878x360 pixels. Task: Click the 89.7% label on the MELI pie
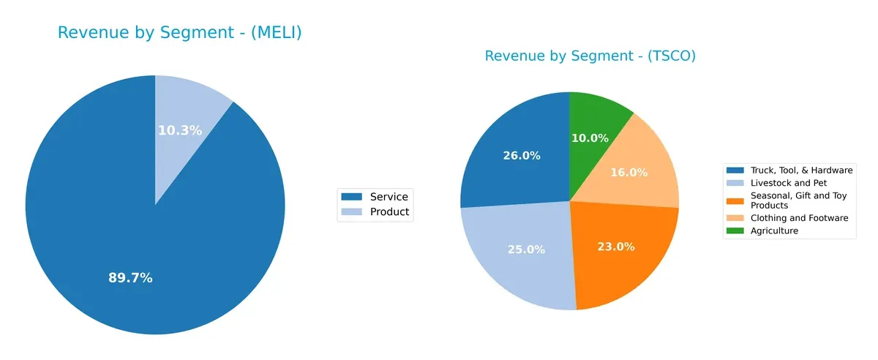pyautogui.click(x=130, y=278)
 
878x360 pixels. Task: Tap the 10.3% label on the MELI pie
pyautogui.click(x=180, y=130)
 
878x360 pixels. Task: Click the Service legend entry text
pyautogui.click(x=389, y=196)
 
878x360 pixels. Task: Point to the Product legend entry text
pyautogui.click(x=389, y=212)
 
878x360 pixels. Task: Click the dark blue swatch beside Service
pyautogui.click(x=353, y=196)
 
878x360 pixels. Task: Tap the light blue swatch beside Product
pyautogui.click(x=353, y=212)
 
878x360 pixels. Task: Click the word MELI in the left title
pyautogui.click(x=274, y=33)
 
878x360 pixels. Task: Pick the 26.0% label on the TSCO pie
pyautogui.click(x=522, y=155)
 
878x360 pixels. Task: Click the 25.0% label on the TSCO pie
pyautogui.click(x=526, y=250)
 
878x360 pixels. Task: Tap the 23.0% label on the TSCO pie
pyautogui.click(x=615, y=247)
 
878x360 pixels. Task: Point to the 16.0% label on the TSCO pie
pyautogui.click(x=629, y=173)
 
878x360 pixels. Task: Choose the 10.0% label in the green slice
pyautogui.click(x=590, y=138)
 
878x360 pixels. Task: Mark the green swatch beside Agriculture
pyautogui.click(x=734, y=230)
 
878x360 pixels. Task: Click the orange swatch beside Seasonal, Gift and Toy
pyautogui.click(x=734, y=195)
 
